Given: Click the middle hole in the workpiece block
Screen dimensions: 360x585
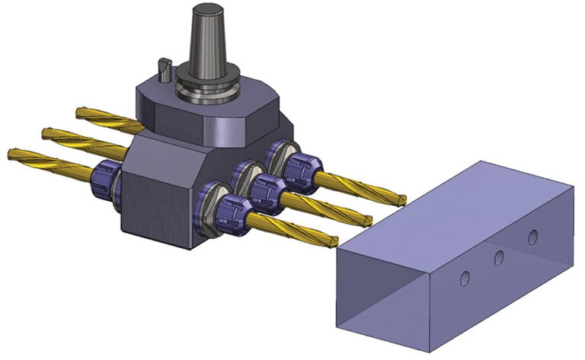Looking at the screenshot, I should pyautogui.click(x=498, y=258).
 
